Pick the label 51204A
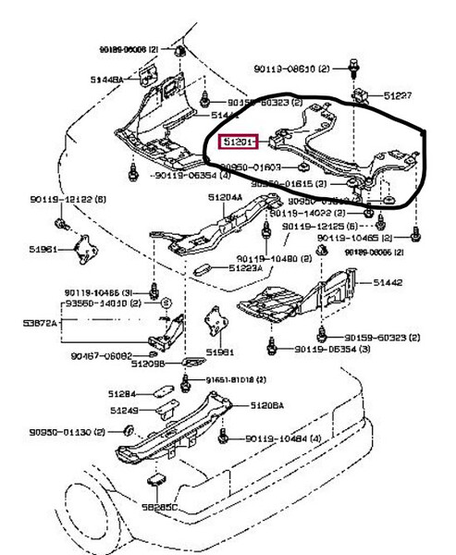(x=226, y=197)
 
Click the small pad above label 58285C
(x=155, y=479)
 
